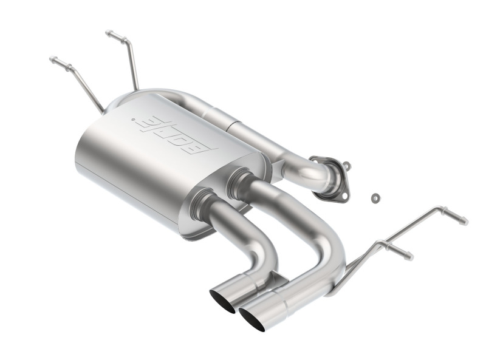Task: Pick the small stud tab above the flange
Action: [x=345, y=165]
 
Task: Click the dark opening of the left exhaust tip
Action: [x=222, y=301]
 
